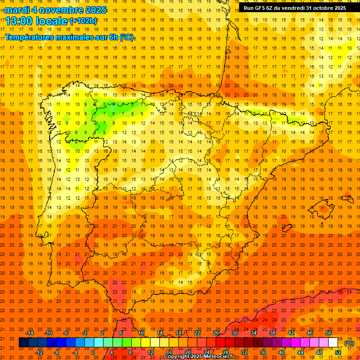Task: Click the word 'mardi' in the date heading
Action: (x=17, y=10)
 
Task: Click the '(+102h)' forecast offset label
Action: (x=83, y=21)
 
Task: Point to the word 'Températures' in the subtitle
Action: (x=29, y=37)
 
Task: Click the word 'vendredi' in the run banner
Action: (x=292, y=8)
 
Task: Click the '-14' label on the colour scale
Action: (x=30, y=333)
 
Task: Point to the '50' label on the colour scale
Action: (x=329, y=333)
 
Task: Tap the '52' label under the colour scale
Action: (x=338, y=352)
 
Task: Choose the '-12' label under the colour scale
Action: (x=39, y=352)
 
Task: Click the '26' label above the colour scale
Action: (x=216, y=333)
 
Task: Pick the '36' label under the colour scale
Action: (x=263, y=352)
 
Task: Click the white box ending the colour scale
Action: (x=333, y=343)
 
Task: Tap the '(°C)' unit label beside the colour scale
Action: (x=349, y=343)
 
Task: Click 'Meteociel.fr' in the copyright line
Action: (x=219, y=357)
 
